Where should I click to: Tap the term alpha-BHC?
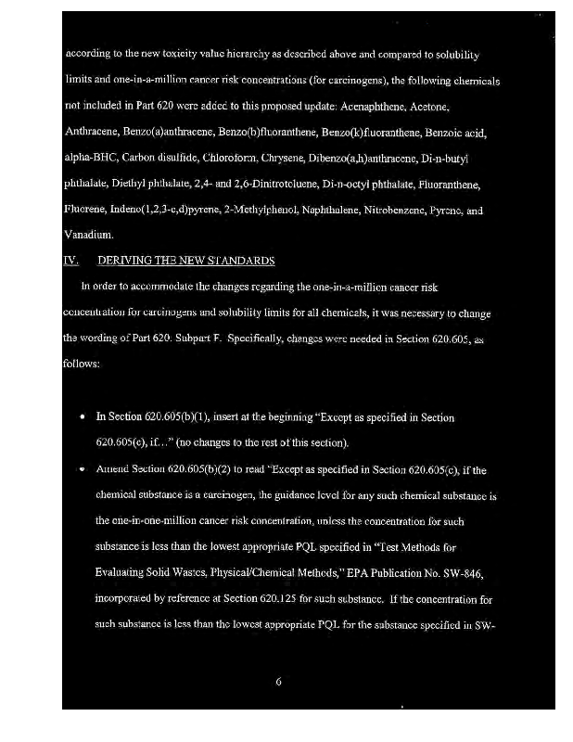coord(88,159)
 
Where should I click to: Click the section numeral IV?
coord(70,262)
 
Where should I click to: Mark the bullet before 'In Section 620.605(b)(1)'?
coord(84,418)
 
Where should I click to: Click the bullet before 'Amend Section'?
coord(84,470)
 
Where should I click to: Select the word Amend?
coord(113,470)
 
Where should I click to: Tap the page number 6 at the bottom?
coord(279,684)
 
